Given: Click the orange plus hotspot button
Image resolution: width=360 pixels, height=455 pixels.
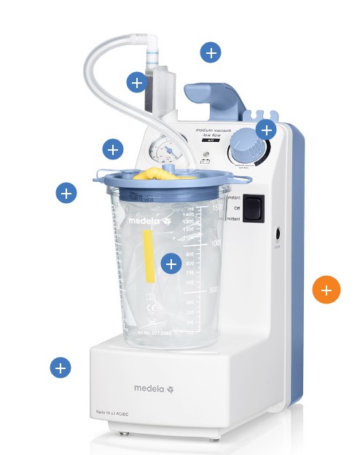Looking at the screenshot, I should coord(326,290).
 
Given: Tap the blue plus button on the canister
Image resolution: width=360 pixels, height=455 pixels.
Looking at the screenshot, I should coord(171,264).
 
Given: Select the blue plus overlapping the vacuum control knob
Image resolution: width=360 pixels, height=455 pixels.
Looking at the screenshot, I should coord(266,130).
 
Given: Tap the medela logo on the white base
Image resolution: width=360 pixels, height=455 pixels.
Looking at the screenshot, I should coord(153,389).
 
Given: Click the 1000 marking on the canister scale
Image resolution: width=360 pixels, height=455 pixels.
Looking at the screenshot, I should coord(216,244).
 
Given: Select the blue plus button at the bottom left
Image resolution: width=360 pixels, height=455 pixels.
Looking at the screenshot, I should coord(60,368).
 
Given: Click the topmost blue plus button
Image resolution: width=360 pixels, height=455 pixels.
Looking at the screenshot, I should coord(211,52).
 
